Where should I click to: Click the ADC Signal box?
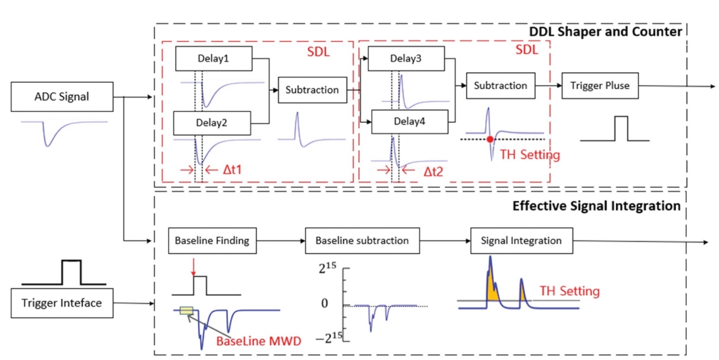tap(61, 97)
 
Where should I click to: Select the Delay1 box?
tap(214, 59)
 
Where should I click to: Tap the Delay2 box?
tap(212, 123)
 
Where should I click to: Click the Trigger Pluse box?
tap(600, 86)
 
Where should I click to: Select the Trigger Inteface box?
tap(61, 303)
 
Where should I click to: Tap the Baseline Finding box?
tap(212, 241)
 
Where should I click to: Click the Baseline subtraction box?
tap(363, 241)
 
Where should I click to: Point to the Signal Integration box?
tap(522, 241)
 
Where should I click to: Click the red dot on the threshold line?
tap(490, 138)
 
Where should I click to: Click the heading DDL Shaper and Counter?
tap(605, 32)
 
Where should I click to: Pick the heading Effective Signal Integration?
tap(596, 206)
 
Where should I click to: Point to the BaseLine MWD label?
tap(259, 342)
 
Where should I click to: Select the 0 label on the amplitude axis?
tap(325, 303)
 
